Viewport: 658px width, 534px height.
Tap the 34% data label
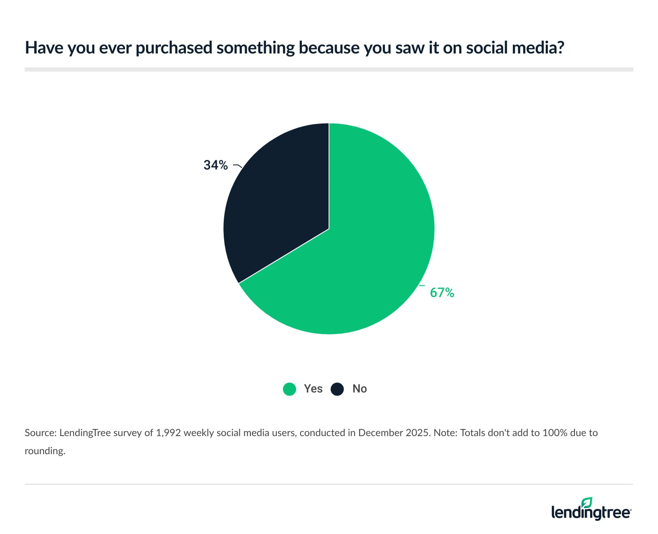point(215,165)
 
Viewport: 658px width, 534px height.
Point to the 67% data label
point(442,293)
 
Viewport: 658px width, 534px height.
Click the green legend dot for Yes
point(290,389)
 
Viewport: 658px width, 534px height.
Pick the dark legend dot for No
point(337,389)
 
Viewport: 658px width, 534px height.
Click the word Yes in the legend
point(313,389)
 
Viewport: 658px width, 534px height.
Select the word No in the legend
point(359,389)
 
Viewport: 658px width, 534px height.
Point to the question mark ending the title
point(560,48)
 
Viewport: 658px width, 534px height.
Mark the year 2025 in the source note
point(418,433)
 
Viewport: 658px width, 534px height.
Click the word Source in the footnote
point(39,433)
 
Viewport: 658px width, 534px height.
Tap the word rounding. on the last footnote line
point(45,451)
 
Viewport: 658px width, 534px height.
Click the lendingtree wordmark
point(591,513)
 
